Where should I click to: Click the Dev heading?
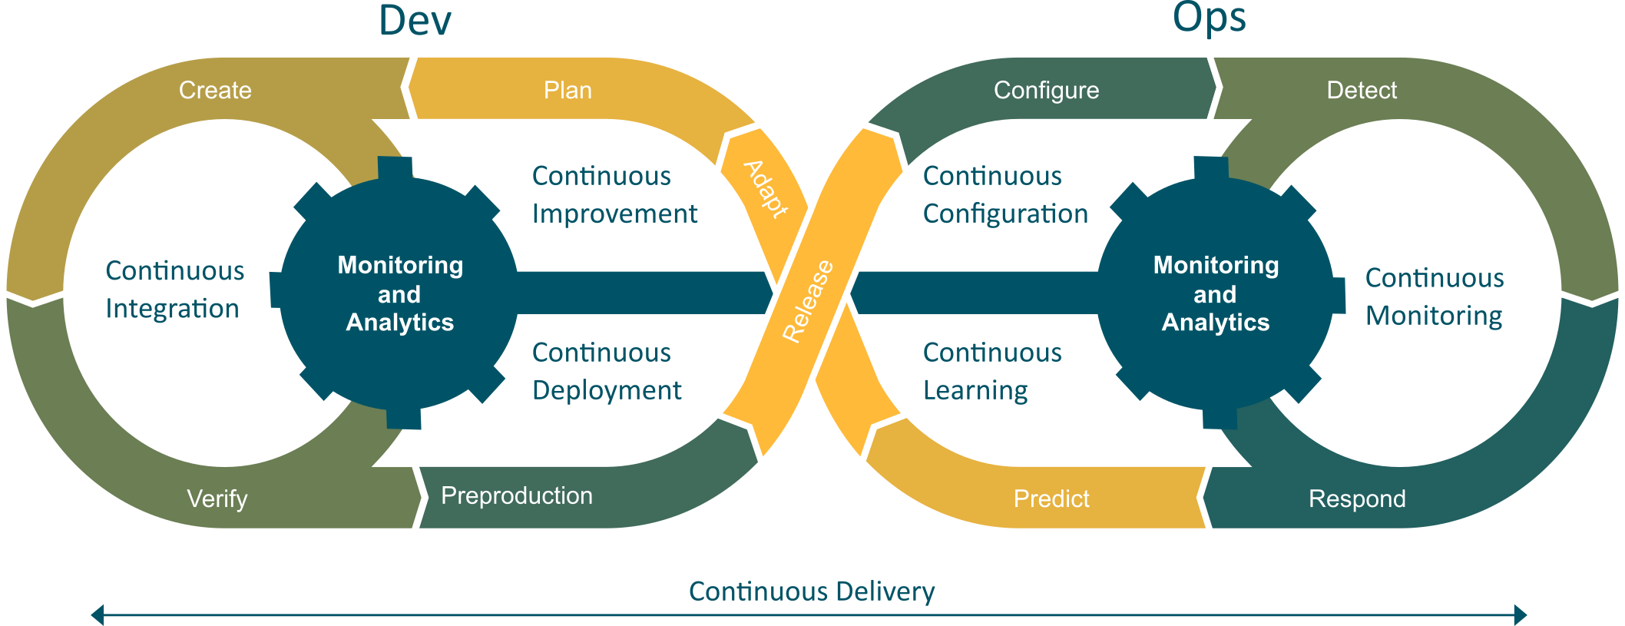(415, 21)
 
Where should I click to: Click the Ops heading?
(1209, 18)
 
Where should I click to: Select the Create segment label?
(215, 90)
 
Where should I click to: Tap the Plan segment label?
(568, 90)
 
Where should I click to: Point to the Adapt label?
(766, 189)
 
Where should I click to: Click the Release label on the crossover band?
(808, 300)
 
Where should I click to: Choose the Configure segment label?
(1046, 90)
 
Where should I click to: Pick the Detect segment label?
(1362, 90)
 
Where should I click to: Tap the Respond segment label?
(1357, 498)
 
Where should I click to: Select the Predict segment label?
(1051, 498)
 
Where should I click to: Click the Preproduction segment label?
(517, 495)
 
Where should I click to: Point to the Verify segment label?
(217, 498)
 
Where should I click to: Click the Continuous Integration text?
(174, 290)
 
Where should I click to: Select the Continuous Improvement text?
(614, 194)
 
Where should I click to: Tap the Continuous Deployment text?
(607, 371)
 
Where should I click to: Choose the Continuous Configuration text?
(1005, 194)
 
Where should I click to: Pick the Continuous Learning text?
(991, 371)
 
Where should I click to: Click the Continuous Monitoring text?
(1434, 296)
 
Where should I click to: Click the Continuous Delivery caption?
(812, 591)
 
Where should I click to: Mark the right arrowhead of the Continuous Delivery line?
(1520, 614)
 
